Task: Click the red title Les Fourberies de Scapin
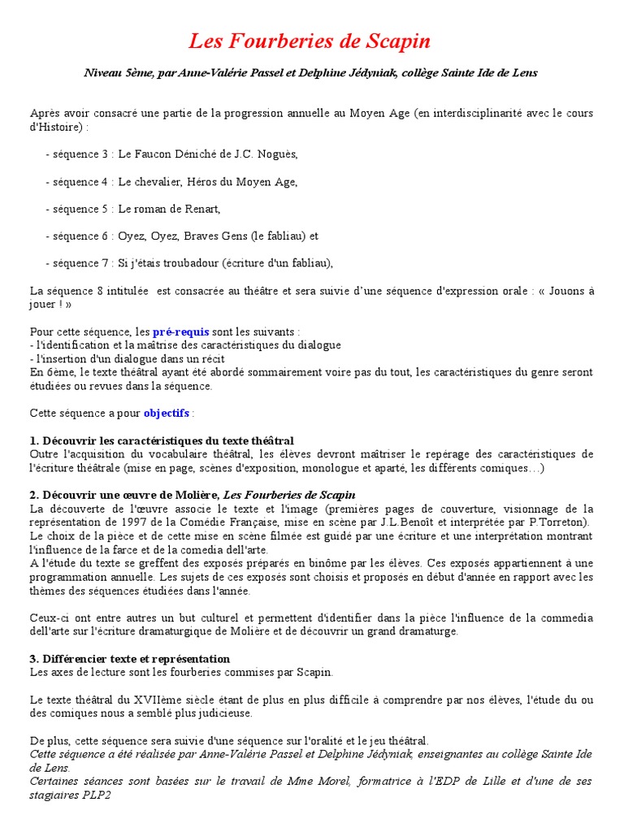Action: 310,41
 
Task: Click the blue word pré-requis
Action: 180,331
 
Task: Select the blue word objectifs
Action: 167,413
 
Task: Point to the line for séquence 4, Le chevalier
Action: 171,181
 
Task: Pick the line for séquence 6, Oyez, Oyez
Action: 181,236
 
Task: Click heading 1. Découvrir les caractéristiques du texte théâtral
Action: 162,440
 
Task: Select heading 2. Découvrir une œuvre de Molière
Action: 193,495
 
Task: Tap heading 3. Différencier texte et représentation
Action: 130,658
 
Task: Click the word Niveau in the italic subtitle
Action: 102,73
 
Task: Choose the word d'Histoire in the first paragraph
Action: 56,127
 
